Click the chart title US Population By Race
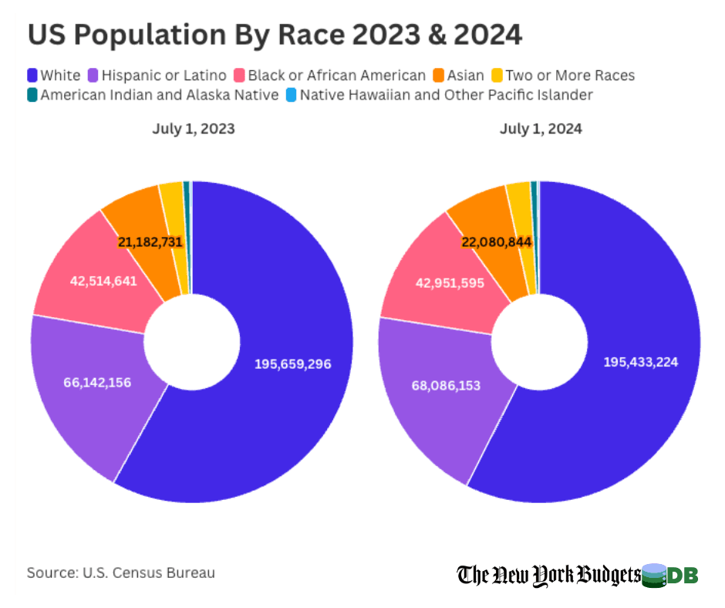[x=275, y=35]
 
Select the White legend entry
[x=53, y=76]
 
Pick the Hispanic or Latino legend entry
[x=159, y=76]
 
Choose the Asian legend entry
[x=458, y=76]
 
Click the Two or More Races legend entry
[x=562, y=76]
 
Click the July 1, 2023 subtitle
[x=193, y=129]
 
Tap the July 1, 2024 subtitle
[x=541, y=129]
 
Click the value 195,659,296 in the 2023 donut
[x=293, y=363]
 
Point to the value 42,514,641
[x=103, y=281]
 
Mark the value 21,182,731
[x=150, y=242]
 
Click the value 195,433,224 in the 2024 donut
[x=641, y=361]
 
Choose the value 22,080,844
[x=497, y=242]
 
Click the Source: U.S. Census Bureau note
[x=121, y=573]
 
